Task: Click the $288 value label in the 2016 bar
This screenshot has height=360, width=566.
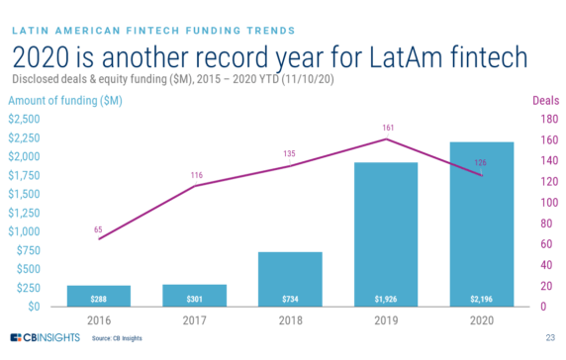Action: [98, 298]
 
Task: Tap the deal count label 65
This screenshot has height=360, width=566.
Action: [98, 229]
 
